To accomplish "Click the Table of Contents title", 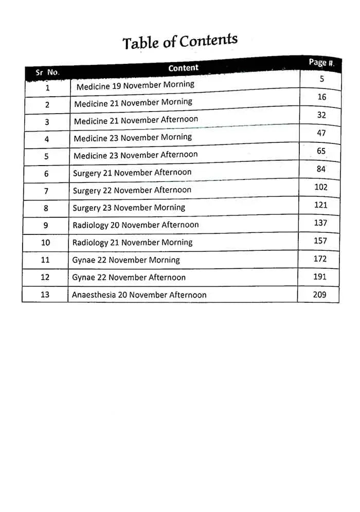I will (180, 42).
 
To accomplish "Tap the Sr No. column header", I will (47, 72).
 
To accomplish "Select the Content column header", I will (183, 68).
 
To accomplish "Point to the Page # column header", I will (321, 63).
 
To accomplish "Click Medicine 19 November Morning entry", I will (135, 85).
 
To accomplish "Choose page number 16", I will (322, 97).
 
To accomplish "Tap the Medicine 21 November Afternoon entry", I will (136, 120).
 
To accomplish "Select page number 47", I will (321, 133).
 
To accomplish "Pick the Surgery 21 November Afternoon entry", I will (132, 173).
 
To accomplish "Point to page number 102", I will (321, 187).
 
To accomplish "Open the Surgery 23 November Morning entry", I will (129, 208).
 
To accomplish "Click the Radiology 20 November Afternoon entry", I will (135, 225).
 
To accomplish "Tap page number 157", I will (320, 241).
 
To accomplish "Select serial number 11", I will (45, 260).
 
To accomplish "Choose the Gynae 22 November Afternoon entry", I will (129, 278).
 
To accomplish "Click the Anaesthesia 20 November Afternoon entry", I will (139, 295).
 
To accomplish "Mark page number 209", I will (319, 295).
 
